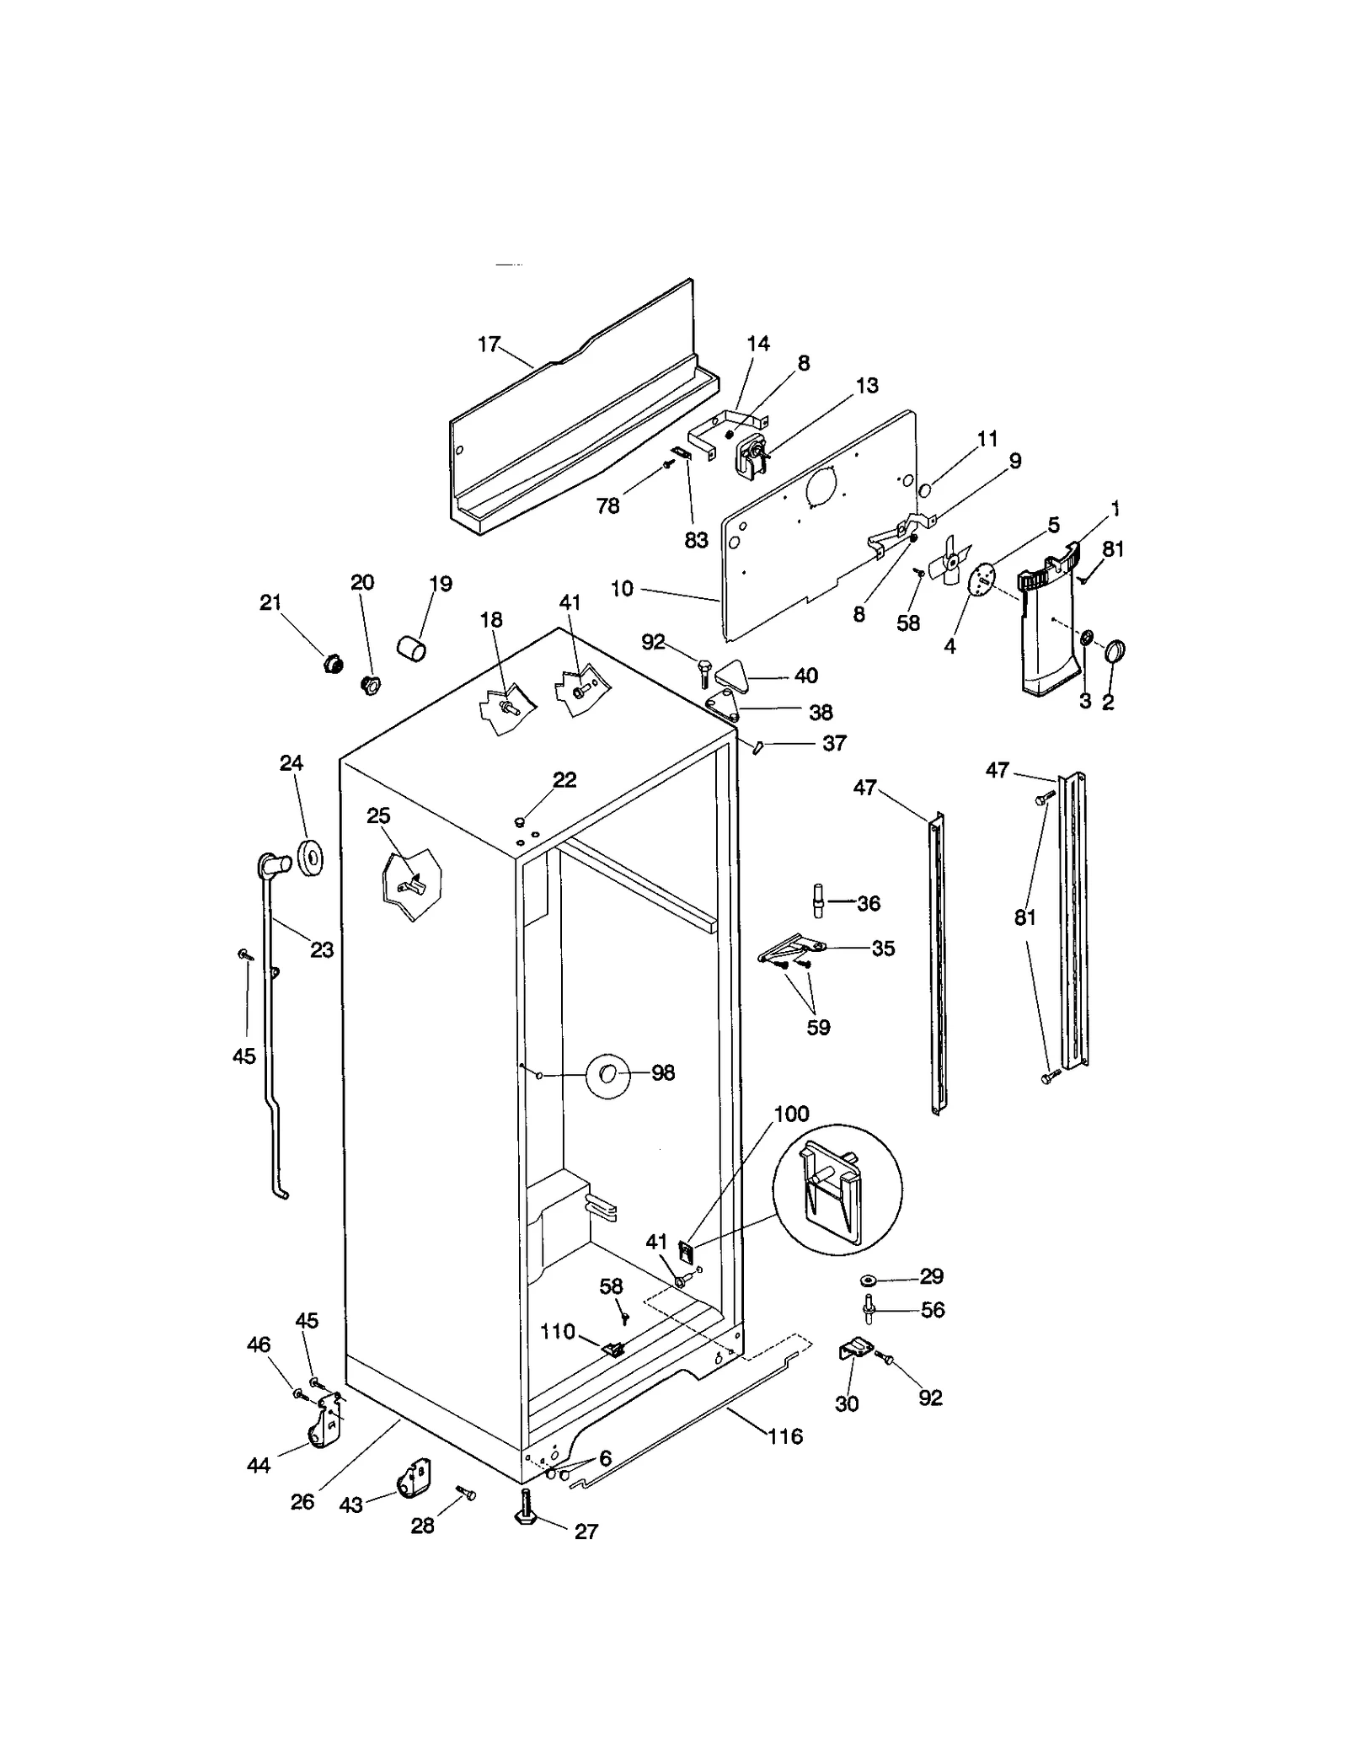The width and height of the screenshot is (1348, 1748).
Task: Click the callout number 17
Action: (x=489, y=345)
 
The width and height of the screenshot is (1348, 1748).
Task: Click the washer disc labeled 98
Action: (x=607, y=1073)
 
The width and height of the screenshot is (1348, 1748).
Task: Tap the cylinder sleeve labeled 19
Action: (x=411, y=649)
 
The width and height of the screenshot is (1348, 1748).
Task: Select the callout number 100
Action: (x=791, y=1114)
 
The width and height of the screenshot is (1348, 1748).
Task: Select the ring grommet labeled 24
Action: (x=312, y=858)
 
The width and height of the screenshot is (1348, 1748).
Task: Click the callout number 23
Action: (x=322, y=949)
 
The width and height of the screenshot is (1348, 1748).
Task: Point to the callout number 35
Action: (x=882, y=948)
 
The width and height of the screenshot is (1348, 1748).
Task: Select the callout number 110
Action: (x=557, y=1332)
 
